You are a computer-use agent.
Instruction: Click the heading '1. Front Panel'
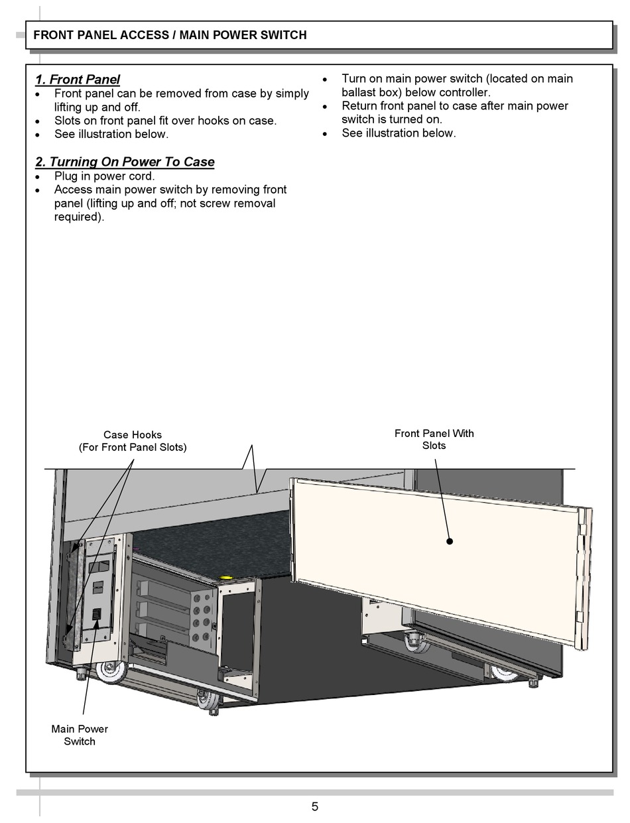click(78, 80)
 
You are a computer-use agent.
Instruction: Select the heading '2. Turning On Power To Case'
click(125, 162)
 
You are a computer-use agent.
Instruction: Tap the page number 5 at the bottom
click(315, 806)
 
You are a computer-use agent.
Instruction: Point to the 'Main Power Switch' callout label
click(80, 735)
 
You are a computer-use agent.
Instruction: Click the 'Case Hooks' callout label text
click(133, 435)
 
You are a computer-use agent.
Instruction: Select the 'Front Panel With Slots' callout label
click(434, 439)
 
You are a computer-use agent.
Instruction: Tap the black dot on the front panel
click(449, 541)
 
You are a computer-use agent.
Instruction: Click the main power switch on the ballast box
click(95, 615)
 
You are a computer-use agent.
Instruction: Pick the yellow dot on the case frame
click(225, 578)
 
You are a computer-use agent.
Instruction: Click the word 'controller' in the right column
click(464, 92)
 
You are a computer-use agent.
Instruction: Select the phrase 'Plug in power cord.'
click(104, 176)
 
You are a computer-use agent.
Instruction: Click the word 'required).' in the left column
click(79, 217)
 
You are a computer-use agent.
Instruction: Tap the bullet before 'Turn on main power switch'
click(325, 79)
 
